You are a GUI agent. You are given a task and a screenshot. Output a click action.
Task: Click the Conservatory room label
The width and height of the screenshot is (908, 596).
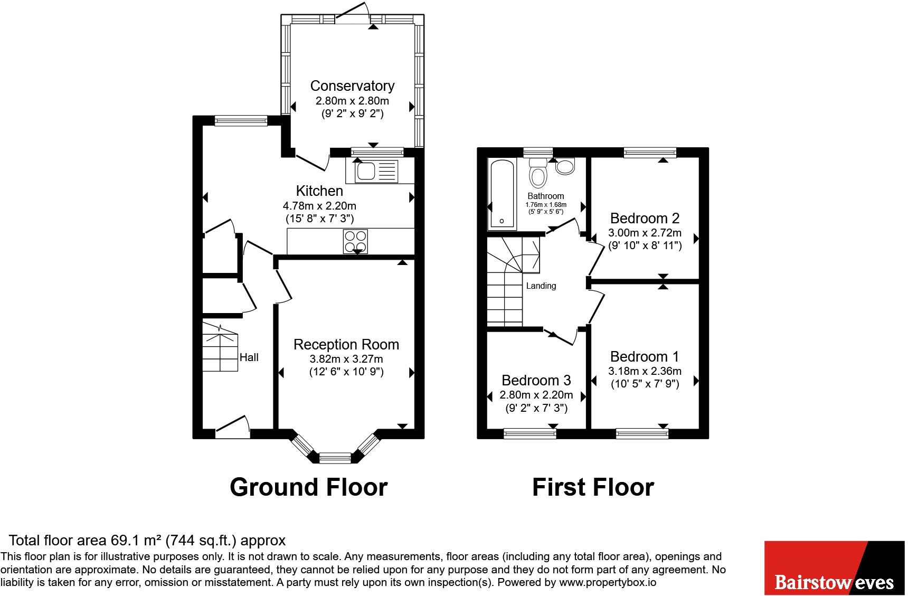coord(352,86)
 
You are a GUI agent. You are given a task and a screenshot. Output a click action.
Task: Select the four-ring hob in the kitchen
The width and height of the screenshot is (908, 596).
coord(355,242)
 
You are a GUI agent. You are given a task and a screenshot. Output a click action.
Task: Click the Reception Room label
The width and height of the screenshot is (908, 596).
coord(346,344)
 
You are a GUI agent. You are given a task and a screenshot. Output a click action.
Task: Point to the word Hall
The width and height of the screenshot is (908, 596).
coord(249,357)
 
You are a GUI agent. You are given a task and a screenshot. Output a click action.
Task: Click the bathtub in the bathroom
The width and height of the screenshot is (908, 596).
coord(503,194)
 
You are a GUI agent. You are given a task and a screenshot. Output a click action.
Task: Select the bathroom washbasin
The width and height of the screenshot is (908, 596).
coord(565,167)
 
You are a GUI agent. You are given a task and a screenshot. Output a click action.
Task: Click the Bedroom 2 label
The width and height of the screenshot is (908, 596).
coord(645,218)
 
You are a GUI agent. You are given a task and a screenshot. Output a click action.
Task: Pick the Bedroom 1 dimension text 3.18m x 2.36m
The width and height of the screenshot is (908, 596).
coord(645,371)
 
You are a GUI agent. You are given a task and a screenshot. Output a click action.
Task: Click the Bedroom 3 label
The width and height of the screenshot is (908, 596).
coord(536,380)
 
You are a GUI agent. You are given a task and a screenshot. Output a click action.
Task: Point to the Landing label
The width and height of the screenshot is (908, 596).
coord(541,286)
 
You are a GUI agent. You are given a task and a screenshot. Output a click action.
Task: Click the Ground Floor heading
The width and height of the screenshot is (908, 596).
coord(308,487)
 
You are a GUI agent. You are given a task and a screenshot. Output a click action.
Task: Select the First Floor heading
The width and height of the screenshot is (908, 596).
coord(593,487)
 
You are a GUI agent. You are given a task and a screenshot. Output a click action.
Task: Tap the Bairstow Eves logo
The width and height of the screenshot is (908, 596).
coord(835,568)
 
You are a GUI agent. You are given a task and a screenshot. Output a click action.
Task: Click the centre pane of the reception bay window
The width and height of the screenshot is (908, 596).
coord(335,457)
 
